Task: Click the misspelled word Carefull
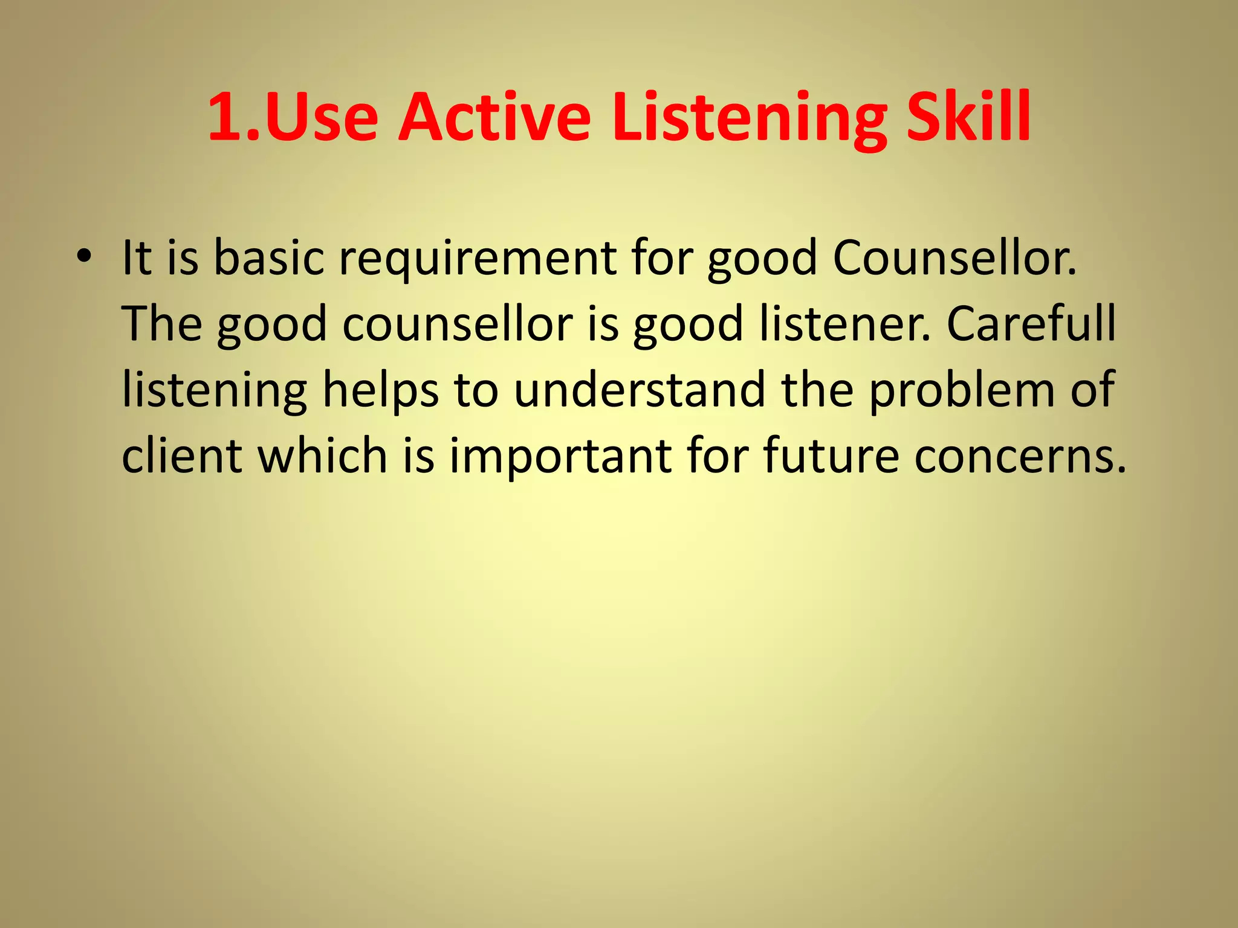pyautogui.click(x=1031, y=324)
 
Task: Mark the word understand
pyautogui.click(x=640, y=390)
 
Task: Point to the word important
pyautogui.click(x=560, y=456)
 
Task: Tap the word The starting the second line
pyautogui.click(x=162, y=324)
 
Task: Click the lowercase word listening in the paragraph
pyautogui.click(x=215, y=390)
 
